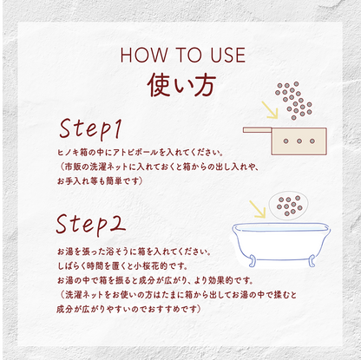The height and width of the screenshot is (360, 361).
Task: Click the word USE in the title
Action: coord(228,55)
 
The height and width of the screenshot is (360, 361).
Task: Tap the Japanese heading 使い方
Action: coord(181,85)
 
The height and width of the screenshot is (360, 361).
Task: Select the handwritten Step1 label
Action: coord(90,128)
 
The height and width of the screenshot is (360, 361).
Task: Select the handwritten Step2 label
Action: coord(91,224)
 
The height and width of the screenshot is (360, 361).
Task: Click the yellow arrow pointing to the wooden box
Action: coord(270,110)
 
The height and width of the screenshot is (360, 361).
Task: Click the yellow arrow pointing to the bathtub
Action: coord(258,209)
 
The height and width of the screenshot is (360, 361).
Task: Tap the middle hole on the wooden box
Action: coord(299,141)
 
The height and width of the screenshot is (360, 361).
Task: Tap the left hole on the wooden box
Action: coord(286,141)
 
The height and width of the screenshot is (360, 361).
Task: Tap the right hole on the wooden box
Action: coord(312,141)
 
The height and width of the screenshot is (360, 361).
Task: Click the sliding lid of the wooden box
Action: coord(258,130)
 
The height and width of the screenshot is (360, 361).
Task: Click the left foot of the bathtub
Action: coord(253,261)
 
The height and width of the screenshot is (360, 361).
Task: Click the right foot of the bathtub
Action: coord(312,261)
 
